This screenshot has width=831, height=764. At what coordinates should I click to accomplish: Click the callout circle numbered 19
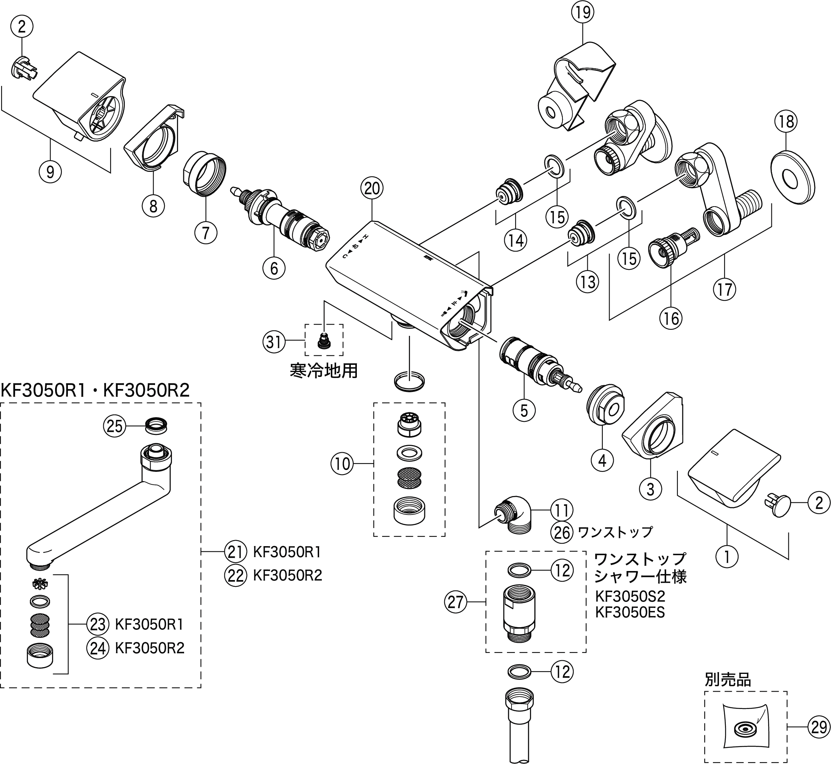click(x=582, y=12)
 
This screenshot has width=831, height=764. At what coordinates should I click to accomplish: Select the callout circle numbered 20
click(x=372, y=188)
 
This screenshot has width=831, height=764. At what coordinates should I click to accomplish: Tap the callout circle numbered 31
click(x=274, y=342)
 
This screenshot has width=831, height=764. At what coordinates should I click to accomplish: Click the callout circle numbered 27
click(x=455, y=602)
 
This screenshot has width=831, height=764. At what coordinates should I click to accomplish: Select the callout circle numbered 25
click(x=115, y=426)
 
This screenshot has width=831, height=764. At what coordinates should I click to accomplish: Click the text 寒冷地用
click(x=324, y=371)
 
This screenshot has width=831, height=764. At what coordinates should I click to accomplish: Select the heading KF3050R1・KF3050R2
click(x=95, y=390)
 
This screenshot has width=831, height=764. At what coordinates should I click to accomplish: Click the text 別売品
click(x=728, y=680)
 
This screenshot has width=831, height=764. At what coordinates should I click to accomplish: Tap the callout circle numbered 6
click(x=274, y=268)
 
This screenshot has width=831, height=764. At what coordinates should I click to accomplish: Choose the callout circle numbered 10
click(x=342, y=464)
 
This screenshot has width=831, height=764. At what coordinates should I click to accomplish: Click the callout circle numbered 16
click(x=671, y=318)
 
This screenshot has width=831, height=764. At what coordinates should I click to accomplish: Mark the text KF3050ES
click(x=630, y=612)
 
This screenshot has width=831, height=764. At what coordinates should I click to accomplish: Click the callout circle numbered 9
click(x=50, y=171)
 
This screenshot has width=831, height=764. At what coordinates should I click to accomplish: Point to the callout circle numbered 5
click(x=524, y=410)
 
